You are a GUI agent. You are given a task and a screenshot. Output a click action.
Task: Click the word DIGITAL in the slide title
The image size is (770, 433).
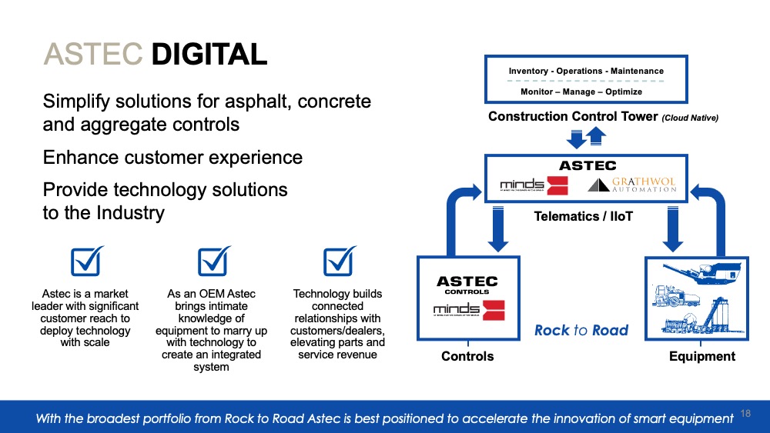[x=209, y=54]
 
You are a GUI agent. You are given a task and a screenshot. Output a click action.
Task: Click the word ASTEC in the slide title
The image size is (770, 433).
[x=93, y=54]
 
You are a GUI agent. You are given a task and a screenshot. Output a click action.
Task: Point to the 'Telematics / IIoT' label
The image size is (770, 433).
[x=584, y=217]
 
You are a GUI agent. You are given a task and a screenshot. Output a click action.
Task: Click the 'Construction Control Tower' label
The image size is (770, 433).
[x=573, y=117]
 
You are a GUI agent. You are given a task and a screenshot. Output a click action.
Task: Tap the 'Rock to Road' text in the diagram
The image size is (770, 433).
[x=581, y=331]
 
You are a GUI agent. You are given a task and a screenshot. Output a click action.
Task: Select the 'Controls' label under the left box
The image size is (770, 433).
[x=467, y=356]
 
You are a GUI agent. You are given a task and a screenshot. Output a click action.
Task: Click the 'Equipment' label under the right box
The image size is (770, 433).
[x=702, y=356]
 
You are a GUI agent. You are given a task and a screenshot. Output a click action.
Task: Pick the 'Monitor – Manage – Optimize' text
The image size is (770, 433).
[x=581, y=92]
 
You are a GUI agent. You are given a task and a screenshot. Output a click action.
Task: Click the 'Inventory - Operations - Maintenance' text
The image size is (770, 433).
[x=586, y=71]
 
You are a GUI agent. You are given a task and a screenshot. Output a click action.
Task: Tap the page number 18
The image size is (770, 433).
[x=745, y=413]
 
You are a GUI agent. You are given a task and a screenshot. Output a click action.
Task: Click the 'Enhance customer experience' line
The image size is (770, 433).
[x=172, y=158]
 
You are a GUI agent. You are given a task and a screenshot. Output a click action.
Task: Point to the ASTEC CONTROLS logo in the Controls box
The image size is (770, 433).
[x=467, y=285]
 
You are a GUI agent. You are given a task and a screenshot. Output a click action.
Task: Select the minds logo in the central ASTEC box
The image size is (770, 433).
[x=534, y=185]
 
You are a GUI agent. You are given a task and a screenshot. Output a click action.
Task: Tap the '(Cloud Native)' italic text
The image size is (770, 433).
[x=690, y=118]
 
